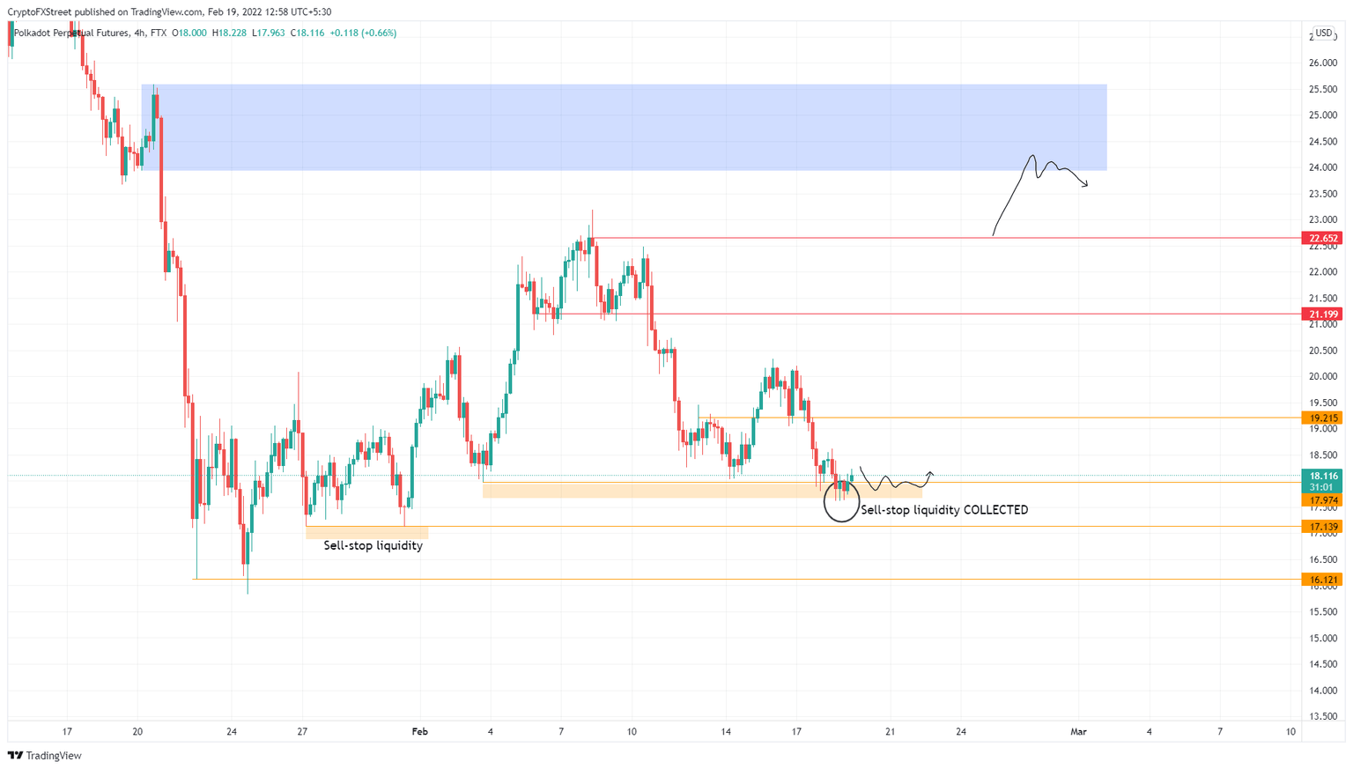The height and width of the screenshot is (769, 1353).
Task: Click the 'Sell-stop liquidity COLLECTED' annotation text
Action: click(943, 510)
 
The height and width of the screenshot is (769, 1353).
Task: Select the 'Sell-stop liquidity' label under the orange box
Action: click(373, 545)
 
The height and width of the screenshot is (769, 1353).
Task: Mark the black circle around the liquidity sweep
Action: click(841, 503)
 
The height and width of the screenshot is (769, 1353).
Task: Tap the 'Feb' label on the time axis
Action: click(419, 732)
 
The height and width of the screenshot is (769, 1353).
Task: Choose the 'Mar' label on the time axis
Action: click(1078, 732)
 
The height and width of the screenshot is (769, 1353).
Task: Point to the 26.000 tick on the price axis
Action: click(1322, 63)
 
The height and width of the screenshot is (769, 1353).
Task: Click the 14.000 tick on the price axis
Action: click(1322, 691)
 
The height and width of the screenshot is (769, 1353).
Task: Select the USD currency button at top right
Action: click(1323, 33)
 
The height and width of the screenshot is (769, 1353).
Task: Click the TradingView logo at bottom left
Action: click(45, 756)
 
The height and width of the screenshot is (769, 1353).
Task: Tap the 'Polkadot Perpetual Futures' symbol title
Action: click(70, 33)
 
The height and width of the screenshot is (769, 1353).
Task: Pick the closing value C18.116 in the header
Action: click(308, 33)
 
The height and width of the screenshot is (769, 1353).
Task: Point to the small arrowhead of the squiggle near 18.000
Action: click(931, 475)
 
